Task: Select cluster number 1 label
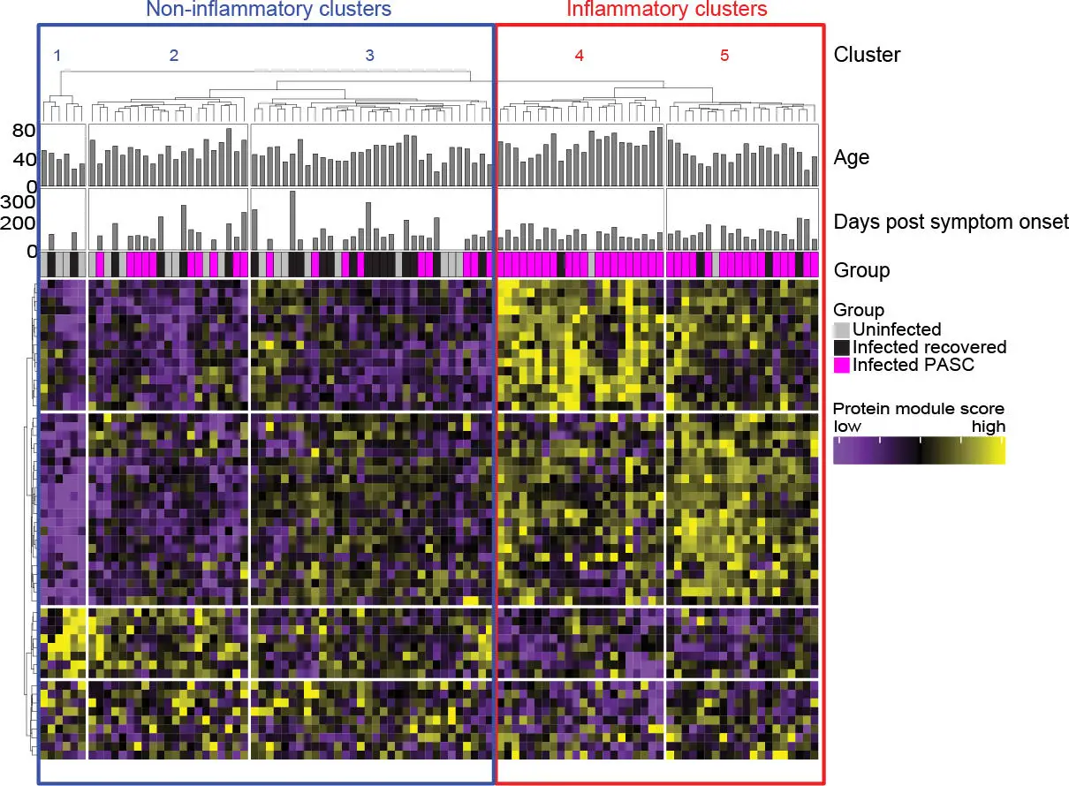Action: [x=57, y=56]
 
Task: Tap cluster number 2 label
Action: [x=174, y=56]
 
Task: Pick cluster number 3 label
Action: [x=370, y=56]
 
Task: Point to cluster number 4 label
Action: [x=580, y=56]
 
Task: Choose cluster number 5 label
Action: [x=724, y=56]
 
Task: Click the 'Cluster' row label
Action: [x=867, y=55]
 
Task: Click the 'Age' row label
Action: [x=851, y=158]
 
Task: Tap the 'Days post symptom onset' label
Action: [x=951, y=222]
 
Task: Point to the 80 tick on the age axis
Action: [x=24, y=132]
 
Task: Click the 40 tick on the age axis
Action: [x=24, y=160]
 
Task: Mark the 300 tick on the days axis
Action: [x=18, y=201]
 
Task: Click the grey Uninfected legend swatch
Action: [x=842, y=329]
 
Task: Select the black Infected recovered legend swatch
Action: [x=842, y=347]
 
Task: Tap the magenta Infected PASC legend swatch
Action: [x=842, y=364]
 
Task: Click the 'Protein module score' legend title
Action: [x=919, y=409]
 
